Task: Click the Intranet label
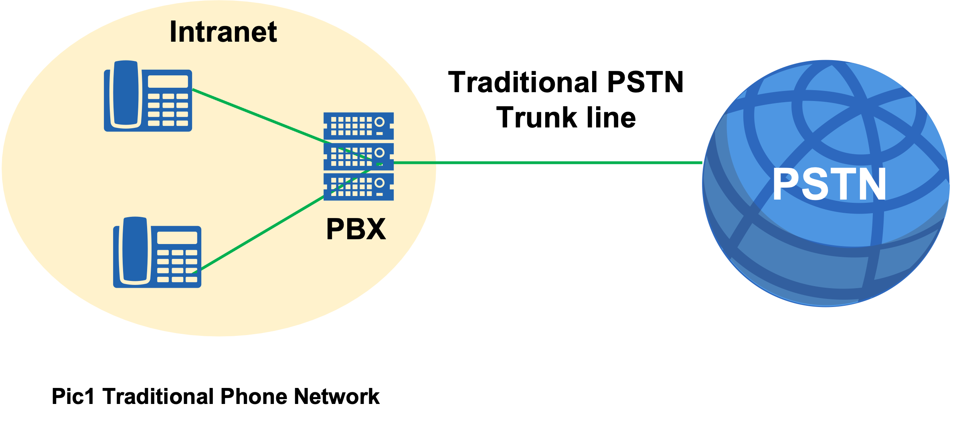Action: tap(223, 32)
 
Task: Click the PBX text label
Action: tap(356, 229)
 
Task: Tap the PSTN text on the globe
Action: tap(829, 184)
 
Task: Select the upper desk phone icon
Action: tap(148, 96)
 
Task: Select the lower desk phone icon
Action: tap(157, 252)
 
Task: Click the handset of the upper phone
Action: tap(126, 94)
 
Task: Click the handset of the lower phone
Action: tap(136, 250)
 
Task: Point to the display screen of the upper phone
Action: tap(168, 81)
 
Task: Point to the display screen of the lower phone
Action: tap(177, 238)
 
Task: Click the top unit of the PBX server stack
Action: tap(358, 126)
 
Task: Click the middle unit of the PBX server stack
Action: tap(358, 157)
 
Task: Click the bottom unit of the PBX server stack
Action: tap(358, 187)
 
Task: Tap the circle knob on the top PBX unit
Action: tap(379, 122)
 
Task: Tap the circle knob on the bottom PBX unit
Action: tap(379, 183)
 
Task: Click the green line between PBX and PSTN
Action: tap(545, 163)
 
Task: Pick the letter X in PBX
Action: tap(376, 229)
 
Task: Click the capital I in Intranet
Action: tap(173, 32)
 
